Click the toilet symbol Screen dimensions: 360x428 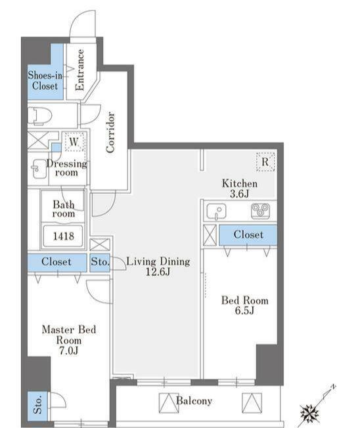pos(39,116)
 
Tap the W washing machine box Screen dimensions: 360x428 pos(74,142)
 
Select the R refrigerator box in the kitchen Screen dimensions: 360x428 pos(265,162)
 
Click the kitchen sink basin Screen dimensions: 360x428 pos(216,211)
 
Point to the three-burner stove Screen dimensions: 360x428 pos(260,211)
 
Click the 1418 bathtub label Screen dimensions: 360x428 pos(63,236)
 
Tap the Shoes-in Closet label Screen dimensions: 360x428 pos(45,81)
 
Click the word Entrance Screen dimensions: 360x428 pos(79,70)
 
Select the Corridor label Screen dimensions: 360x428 pos(110,132)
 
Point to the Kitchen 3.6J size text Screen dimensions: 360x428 pos(240,188)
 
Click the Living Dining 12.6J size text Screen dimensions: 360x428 pos(158,267)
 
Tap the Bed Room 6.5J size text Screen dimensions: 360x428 pos(245,305)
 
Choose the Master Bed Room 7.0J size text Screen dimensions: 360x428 pos(69,340)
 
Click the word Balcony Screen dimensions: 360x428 pos(194,400)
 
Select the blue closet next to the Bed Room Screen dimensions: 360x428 pos(248,235)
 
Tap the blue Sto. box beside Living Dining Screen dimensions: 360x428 pos(100,262)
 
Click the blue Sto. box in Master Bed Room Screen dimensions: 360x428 pos(37,406)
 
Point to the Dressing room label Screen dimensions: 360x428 pos(66,168)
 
